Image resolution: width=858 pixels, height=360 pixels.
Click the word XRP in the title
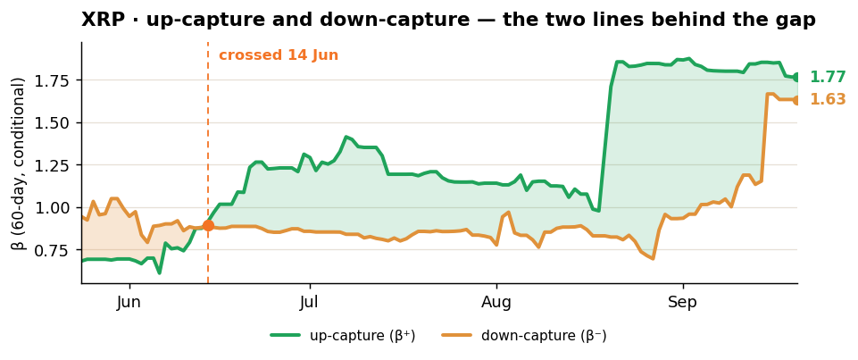point(98,21)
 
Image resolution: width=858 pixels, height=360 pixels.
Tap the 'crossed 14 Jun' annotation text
point(279,55)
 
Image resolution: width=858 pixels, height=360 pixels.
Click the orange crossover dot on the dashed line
point(208,225)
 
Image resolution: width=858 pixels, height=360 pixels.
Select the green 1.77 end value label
point(828,77)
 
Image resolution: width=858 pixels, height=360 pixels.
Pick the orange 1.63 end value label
point(828,99)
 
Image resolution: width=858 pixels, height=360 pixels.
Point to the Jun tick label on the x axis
point(129,303)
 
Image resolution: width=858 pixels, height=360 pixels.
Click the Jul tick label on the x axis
point(310,303)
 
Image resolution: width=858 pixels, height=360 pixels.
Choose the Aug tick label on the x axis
point(496,303)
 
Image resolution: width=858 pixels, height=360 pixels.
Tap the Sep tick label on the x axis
point(683,303)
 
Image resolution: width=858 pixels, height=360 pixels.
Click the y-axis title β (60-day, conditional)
point(19,163)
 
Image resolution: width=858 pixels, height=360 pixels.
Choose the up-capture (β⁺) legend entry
point(343,335)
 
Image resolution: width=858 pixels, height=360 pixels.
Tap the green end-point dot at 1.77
point(796,77)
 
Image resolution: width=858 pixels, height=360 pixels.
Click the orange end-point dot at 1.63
point(796,100)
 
